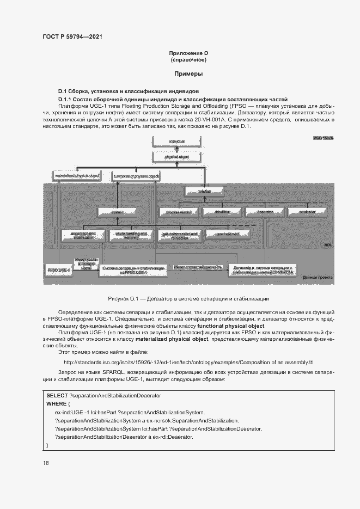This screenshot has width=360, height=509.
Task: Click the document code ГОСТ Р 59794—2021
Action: click(72, 36)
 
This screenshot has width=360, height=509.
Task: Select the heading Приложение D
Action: click(188, 53)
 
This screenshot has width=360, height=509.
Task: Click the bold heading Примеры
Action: click(188, 73)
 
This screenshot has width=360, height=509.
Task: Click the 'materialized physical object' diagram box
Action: click(77, 176)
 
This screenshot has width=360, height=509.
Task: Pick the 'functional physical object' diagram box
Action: click(136, 176)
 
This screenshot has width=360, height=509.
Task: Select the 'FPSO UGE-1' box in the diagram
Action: click(60, 269)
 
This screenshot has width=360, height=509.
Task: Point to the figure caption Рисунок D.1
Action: click(188, 299)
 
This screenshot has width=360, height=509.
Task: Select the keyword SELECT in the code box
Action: click(57, 394)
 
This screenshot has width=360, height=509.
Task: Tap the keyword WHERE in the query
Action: click(56, 403)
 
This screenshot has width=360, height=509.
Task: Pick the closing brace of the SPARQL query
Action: click(47, 445)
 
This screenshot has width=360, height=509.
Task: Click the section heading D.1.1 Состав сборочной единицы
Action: click(172, 100)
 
